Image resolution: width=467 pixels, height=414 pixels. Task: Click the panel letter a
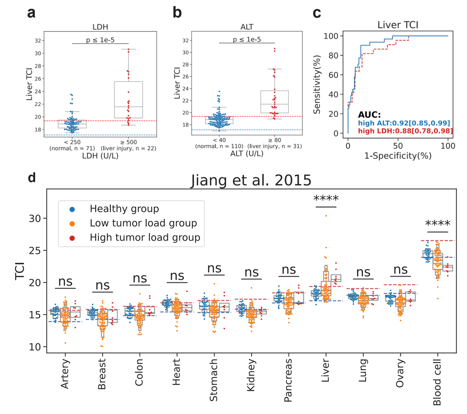coord(31,13)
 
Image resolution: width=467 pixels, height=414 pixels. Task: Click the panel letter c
coord(316,13)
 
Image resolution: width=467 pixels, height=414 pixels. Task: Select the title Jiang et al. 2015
coord(251,180)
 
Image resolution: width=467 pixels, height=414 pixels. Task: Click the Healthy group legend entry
coord(124,209)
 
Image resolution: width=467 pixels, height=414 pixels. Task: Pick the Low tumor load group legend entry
coord(143,223)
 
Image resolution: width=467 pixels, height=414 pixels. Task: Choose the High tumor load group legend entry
coord(145,237)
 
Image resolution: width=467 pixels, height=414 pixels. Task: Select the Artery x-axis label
coord(65,375)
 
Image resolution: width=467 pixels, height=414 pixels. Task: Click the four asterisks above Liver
coord(326,199)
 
